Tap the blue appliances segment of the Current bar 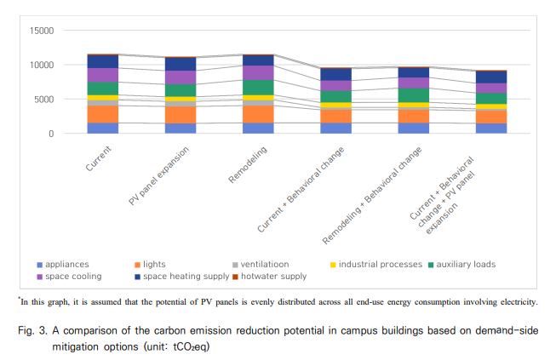(x=103, y=128)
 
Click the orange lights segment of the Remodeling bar (x=258, y=113)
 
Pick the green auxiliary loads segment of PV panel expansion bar (x=181, y=90)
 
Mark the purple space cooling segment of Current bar (x=103, y=75)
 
